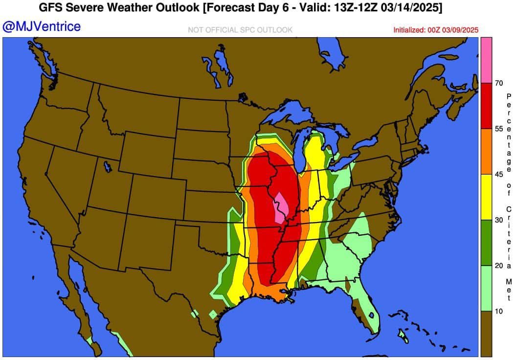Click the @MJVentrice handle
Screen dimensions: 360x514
pos(42,26)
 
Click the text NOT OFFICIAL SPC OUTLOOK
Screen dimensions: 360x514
pos(240,30)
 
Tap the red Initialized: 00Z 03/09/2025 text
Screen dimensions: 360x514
pos(436,30)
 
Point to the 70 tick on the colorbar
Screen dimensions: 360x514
pos(499,83)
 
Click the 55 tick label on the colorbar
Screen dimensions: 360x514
pos(499,129)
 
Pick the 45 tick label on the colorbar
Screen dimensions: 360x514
pos(499,174)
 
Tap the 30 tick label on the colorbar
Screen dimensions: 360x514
pos(499,220)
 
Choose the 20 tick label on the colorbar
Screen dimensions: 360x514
pos(499,266)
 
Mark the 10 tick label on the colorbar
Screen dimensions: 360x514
pos(499,311)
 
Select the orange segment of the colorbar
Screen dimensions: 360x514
pos(486,152)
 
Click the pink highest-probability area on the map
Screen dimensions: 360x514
pos(281,208)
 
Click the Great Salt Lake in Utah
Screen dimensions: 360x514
pos(107,166)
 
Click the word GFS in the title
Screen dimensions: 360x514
pos(51,8)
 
